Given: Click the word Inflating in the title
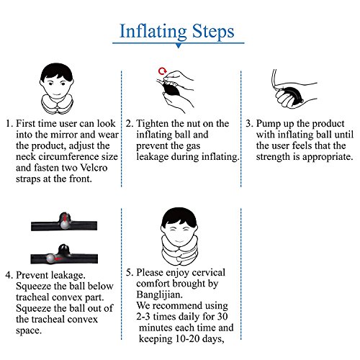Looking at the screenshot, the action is coord(153,32).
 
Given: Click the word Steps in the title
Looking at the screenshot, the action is coord(213,32).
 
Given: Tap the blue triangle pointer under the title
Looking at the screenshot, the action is coord(179,45).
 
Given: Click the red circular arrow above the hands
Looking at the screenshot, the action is coord(163,71).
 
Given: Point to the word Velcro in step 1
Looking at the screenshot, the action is coord(94,168).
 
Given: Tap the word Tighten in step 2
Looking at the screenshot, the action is coord(153,124).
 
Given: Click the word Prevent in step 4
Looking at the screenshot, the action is coord(31,275).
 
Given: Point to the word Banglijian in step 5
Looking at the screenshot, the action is coord(159,294).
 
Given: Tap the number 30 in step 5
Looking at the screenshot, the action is coord(222,316).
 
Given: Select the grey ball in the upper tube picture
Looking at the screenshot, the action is coord(64,225).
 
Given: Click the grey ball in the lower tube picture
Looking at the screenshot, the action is coord(50,258).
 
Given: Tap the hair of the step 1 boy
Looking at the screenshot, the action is coord(57,71).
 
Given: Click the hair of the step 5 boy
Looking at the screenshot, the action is coord(179,217).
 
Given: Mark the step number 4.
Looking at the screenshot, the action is coord(8,275).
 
